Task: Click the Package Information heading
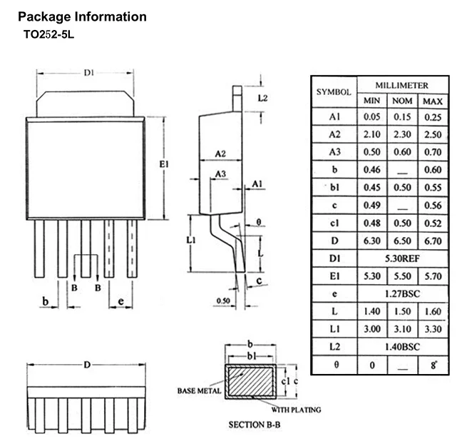[82, 17]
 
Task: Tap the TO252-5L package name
[48, 34]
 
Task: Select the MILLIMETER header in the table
[402, 86]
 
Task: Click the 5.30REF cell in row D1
[402, 258]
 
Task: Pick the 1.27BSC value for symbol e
[402, 294]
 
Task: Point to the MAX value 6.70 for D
[433, 241]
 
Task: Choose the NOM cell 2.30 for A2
[402, 134]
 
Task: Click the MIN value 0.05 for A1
[372, 116]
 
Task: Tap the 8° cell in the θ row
[433, 365]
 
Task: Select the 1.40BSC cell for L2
[402, 347]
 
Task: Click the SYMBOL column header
[334, 92]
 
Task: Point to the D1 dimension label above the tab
[88, 73]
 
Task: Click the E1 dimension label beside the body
[164, 164]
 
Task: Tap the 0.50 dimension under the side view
[223, 301]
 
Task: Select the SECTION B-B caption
[255, 425]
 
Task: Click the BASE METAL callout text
[199, 390]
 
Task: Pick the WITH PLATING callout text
[296, 410]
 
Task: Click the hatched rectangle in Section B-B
[250, 381]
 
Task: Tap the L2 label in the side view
[262, 98]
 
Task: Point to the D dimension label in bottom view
[87, 365]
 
